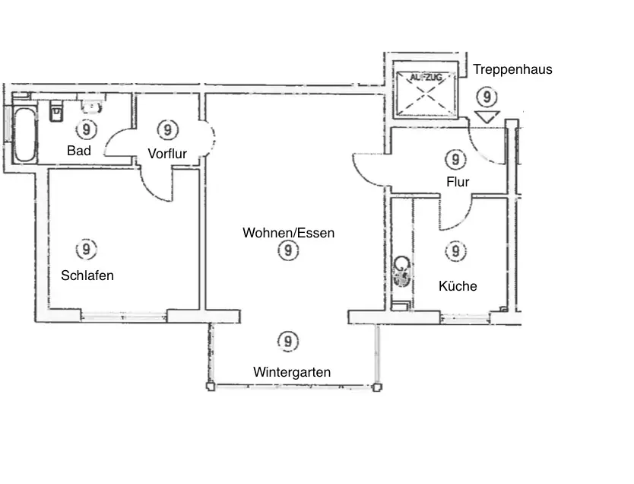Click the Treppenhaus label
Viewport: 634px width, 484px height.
click(x=512, y=69)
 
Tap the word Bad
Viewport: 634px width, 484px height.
click(x=79, y=151)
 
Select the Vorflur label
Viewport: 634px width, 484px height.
click(x=167, y=154)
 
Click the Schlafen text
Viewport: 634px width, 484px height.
click(x=87, y=275)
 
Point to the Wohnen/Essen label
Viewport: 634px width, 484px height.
click(x=288, y=233)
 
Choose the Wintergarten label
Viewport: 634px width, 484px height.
click(x=292, y=372)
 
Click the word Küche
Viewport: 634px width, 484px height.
click(x=458, y=286)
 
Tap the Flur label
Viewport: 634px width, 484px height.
click(x=458, y=182)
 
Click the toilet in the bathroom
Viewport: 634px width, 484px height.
click(x=55, y=112)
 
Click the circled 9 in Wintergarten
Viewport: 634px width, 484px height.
click(x=287, y=342)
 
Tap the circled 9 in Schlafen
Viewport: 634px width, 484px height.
click(x=87, y=249)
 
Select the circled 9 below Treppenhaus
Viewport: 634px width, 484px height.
click(x=486, y=97)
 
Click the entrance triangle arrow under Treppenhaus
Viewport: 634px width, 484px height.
click(x=486, y=116)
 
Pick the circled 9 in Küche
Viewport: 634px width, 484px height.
click(x=455, y=250)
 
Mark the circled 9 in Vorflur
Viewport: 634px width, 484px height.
click(x=165, y=128)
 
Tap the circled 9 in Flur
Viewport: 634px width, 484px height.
click(x=455, y=159)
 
